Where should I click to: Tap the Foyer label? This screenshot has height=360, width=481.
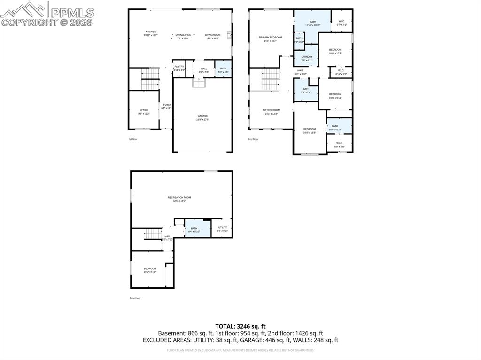[x=167, y=106]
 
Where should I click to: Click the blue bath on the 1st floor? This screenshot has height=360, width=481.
[x=223, y=70]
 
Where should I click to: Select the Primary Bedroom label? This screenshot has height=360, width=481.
[x=270, y=38]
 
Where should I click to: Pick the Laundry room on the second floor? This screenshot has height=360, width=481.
[x=307, y=58]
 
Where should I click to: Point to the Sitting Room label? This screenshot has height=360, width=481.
[x=271, y=111]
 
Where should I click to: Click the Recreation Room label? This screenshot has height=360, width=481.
[x=179, y=199]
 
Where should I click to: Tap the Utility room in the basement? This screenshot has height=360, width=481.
[x=222, y=229]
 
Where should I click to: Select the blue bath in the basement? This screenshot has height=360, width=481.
[x=194, y=230]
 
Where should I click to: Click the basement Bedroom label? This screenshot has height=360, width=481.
[x=150, y=270]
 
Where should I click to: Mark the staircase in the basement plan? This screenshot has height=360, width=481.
[x=152, y=233]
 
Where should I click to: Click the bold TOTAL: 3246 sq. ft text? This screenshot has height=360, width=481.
[x=240, y=326]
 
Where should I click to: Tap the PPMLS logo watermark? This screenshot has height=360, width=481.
[x=47, y=14]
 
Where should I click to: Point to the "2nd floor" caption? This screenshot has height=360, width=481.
[x=253, y=139]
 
